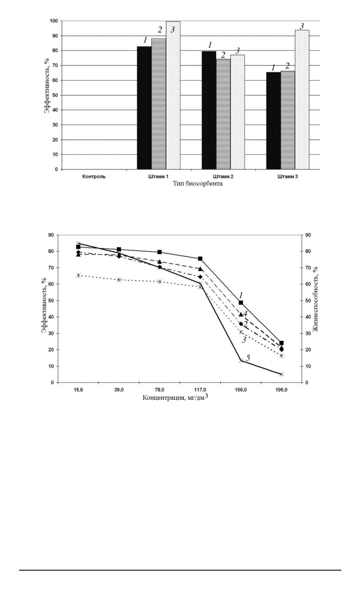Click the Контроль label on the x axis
(94, 177)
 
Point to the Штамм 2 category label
(223, 177)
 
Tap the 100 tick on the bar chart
(55, 21)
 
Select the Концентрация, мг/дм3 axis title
(175, 397)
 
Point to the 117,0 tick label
(200, 390)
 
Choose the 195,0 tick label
(281, 390)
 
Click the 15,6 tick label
(78, 390)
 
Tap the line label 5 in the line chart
(248, 358)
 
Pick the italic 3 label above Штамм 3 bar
(302, 26)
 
